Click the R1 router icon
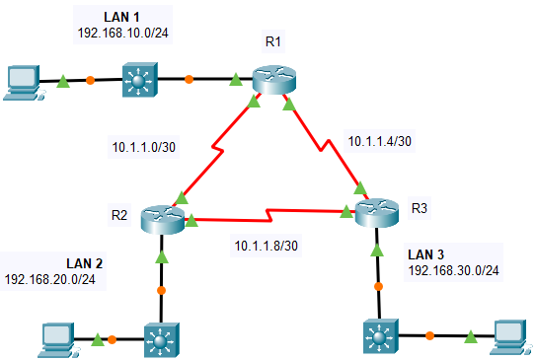click(x=272, y=80)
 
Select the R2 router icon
click(x=162, y=218)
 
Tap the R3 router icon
click(x=378, y=212)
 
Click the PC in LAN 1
click(x=22, y=82)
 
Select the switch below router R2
click(x=161, y=341)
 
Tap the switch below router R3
click(x=379, y=338)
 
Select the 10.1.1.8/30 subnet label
click(x=268, y=244)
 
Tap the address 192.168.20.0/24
click(x=55, y=279)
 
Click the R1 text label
click(x=273, y=40)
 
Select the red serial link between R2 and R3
click(x=267, y=213)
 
